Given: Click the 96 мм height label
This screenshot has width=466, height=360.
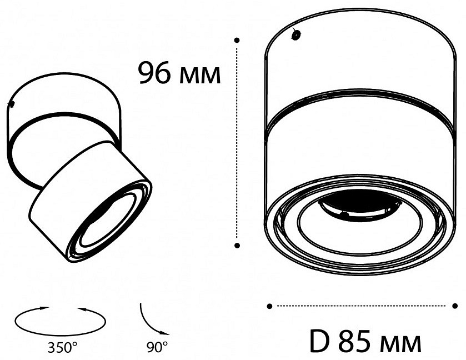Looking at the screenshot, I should tap(179, 73).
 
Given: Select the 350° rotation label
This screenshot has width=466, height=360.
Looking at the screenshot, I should tap(62, 348).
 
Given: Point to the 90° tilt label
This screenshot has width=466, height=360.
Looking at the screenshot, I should tap(157, 348).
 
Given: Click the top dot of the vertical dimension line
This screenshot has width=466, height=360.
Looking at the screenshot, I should tap(237, 41).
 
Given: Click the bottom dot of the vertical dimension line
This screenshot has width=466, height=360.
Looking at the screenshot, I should tap(237, 245).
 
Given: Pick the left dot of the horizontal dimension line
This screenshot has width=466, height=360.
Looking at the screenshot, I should tap(269, 306).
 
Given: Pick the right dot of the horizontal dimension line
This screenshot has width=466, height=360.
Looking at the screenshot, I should tap(455, 306).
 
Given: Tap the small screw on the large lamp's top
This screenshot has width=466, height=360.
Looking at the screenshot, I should tap(296, 34).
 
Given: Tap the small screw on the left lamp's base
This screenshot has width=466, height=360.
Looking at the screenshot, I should tap(11, 104).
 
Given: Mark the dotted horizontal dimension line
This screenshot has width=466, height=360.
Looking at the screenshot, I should tap(362, 306).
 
